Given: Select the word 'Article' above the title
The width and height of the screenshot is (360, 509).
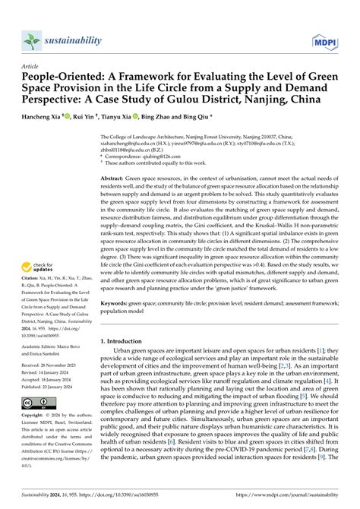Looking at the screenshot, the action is tap(30, 67).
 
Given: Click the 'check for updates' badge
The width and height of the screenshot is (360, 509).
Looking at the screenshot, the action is tap(38, 268).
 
